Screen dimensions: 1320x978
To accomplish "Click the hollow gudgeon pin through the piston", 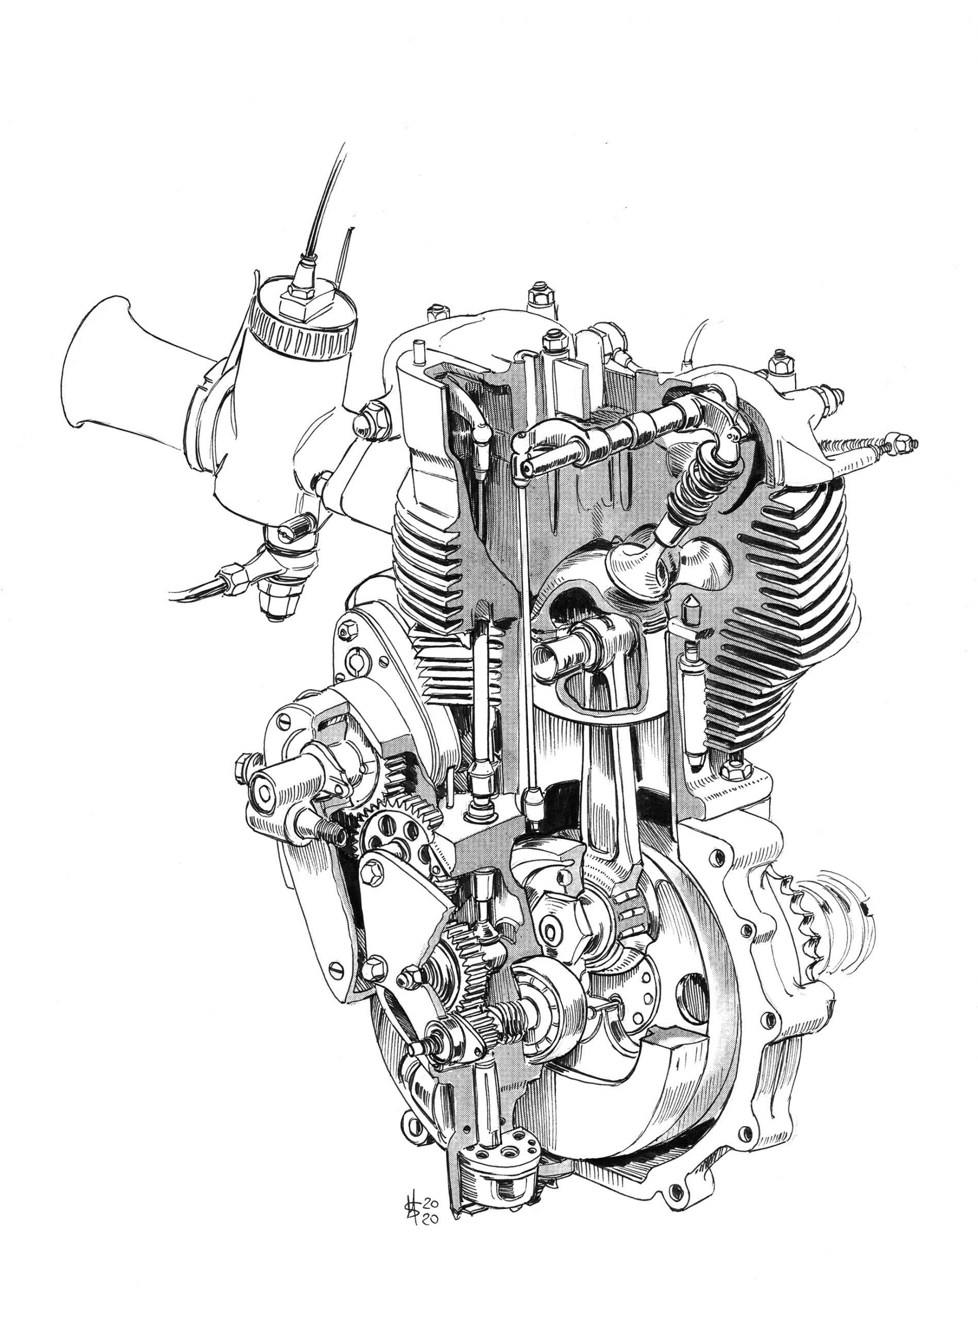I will tap(553, 655).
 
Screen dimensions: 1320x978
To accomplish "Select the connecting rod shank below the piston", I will tap(601, 788).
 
